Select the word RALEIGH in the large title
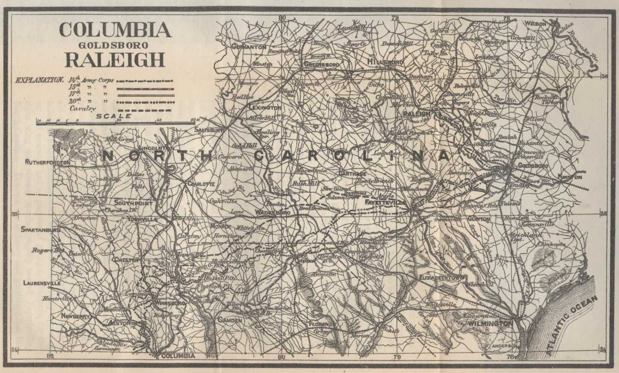[115, 60]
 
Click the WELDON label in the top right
[537, 24]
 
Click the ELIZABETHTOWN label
[440, 278]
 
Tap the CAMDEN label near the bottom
[230, 320]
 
